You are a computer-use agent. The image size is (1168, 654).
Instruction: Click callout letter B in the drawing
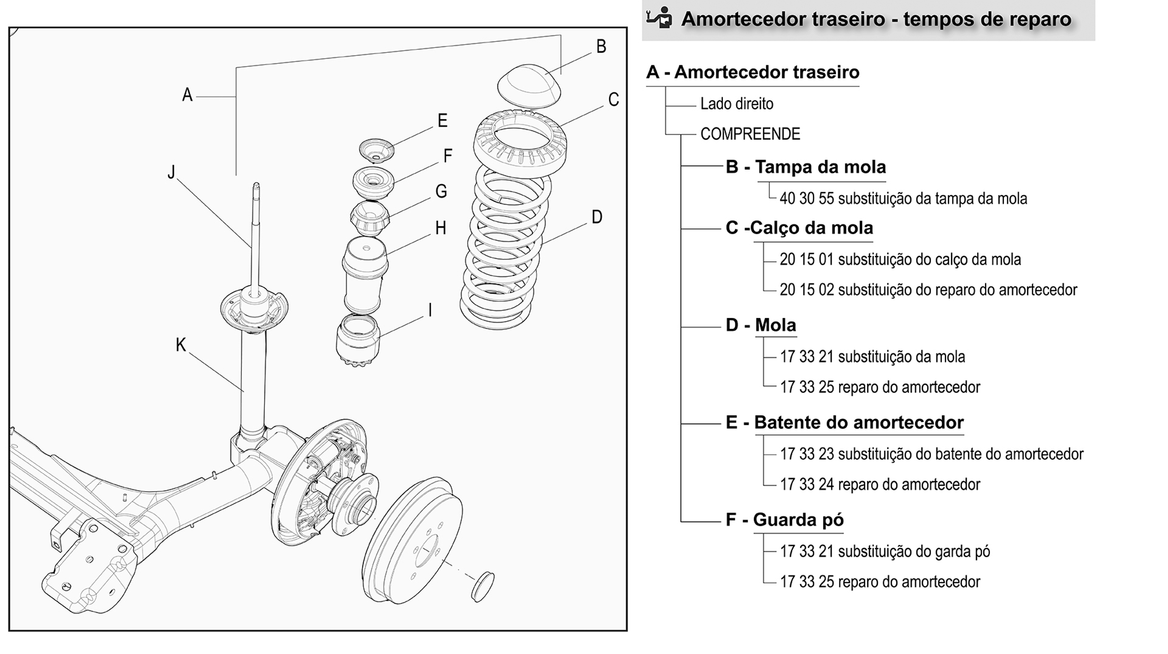(x=601, y=46)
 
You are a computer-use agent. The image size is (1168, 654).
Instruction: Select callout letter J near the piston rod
(x=171, y=172)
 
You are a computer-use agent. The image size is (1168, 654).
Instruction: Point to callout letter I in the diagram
(x=430, y=311)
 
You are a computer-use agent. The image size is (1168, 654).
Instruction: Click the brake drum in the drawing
(x=413, y=540)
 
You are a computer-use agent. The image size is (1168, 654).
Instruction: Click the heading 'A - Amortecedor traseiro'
(x=753, y=72)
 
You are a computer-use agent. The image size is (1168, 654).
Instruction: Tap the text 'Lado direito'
(x=737, y=104)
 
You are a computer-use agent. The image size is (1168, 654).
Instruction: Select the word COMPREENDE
(x=750, y=134)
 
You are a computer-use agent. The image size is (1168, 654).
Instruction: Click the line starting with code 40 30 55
(x=903, y=199)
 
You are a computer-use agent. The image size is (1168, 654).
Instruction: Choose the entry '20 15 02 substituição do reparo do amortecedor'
(x=928, y=290)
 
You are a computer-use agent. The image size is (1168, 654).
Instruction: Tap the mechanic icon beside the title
(x=659, y=18)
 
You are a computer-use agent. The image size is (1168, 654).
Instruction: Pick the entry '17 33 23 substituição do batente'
(x=931, y=454)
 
